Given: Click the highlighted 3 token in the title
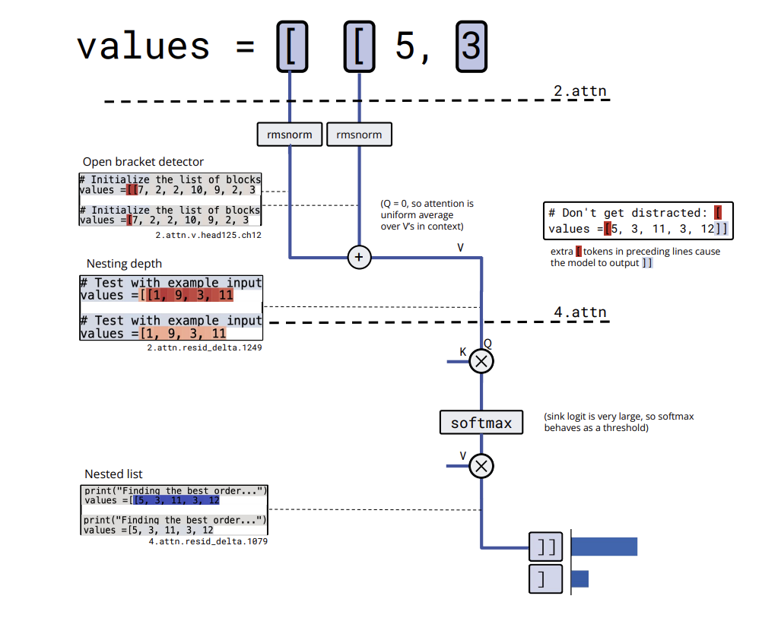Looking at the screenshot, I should point(471,46).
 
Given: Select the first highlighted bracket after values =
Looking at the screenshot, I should point(291,46).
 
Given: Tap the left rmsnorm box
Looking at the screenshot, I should point(289,135).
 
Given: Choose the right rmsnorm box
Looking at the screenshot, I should point(359,135).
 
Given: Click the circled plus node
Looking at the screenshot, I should point(359,258).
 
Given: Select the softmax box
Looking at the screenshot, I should point(481,422).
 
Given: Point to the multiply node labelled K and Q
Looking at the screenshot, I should point(481,361).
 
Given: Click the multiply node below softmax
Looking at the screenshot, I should point(481,464).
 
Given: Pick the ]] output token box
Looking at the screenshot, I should point(546,547).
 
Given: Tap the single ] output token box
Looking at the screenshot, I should point(546,579).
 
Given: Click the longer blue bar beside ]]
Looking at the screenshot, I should point(604,547).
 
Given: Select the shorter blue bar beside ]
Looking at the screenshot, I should point(579,579).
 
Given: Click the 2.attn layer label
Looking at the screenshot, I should point(579,92).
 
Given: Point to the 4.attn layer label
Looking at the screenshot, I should point(579,312).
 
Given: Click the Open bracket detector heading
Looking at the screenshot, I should point(143,162).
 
